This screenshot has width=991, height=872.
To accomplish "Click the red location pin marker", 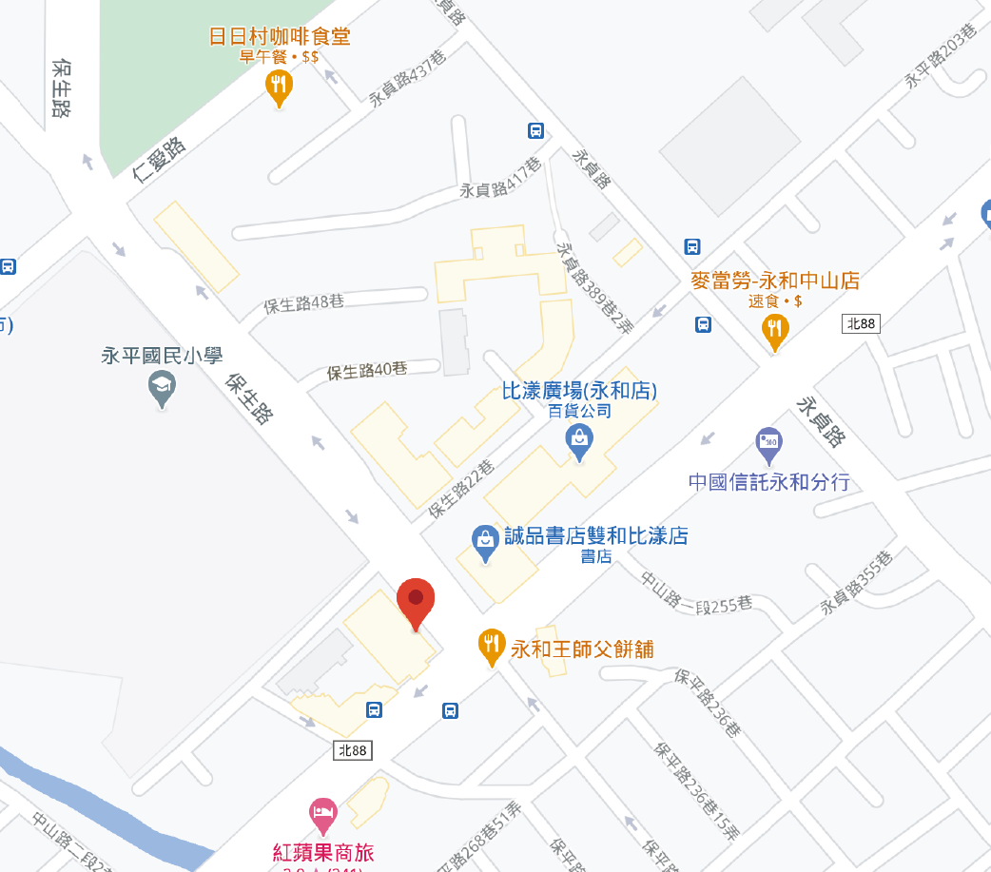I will pyautogui.click(x=416, y=601).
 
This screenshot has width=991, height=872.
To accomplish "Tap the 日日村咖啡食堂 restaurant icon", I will pyautogui.click(x=278, y=87).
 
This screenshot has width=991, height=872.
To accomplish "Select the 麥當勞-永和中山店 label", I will pyautogui.click(x=774, y=281).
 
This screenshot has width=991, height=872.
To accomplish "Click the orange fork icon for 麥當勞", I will pyautogui.click(x=776, y=330).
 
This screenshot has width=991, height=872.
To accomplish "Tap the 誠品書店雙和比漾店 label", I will pyautogui.click(x=595, y=535).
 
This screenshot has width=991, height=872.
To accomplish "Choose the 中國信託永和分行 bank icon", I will pyautogui.click(x=768, y=442).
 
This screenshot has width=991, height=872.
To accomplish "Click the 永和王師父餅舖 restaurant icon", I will pyautogui.click(x=491, y=647).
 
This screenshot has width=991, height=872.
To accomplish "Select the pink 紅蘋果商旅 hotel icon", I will pyautogui.click(x=324, y=814).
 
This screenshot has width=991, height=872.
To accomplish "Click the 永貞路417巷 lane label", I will pyautogui.click(x=500, y=178).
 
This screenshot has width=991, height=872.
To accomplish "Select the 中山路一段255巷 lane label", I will pyautogui.click(x=696, y=591).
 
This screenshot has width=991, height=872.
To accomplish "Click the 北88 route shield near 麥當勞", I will pyautogui.click(x=861, y=324).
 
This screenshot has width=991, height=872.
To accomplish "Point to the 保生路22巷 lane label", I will pyautogui.click(x=461, y=489).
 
